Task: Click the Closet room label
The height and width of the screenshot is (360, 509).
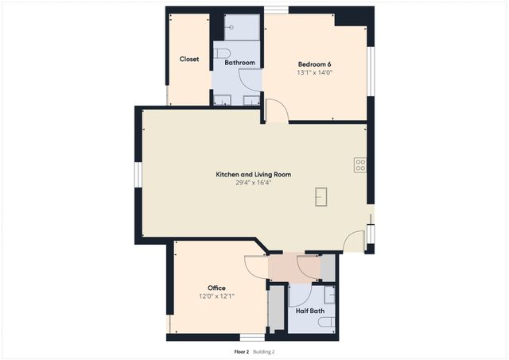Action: tap(189, 59)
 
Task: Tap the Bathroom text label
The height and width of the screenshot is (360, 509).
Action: tap(239, 62)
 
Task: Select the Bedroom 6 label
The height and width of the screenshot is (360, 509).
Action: tap(314, 64)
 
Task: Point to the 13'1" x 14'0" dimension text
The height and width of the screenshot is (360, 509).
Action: tap(314, 72)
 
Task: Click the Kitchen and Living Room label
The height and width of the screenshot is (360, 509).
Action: tap(253, 174)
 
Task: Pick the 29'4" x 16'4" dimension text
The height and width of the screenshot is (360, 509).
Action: tap(253, 183)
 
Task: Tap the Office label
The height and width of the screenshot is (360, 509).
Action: tap(216, 288)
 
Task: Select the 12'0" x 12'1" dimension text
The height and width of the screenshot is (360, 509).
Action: tap(216, 296)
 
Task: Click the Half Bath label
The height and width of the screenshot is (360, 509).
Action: tap(310, 311)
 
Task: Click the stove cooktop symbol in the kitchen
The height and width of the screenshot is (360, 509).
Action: tap(360, 165)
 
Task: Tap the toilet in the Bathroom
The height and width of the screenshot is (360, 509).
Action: tap(223, 53)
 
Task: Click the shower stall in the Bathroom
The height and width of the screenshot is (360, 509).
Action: tap(242, 28)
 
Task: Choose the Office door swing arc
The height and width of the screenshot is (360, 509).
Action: tap(256, 266)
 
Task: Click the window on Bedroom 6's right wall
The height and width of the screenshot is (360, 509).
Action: tap(370, 71)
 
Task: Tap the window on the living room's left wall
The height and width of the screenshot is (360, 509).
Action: tap(138, 174)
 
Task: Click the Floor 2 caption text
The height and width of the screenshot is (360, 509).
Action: tap(241, 351)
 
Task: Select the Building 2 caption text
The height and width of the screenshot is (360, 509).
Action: tap(264, 351)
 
